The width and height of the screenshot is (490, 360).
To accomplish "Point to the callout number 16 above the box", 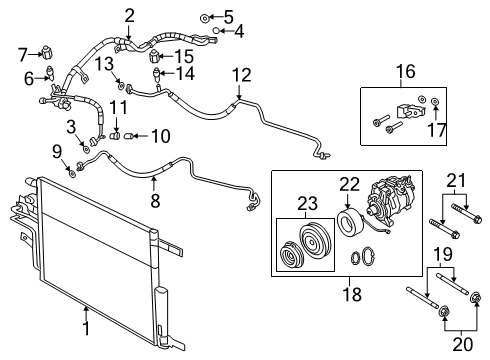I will click(404, 73).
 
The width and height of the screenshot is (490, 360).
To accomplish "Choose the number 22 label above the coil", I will click(348, 184).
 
